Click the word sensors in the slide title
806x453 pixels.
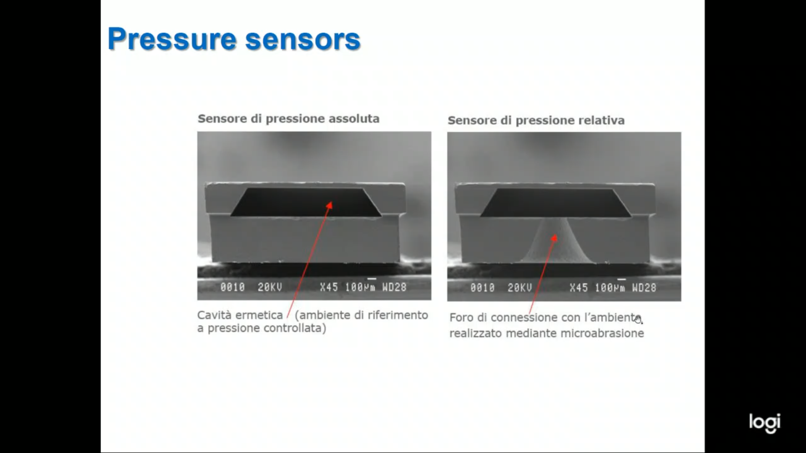pos(303,39)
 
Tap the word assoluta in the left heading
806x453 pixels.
pos(354,119)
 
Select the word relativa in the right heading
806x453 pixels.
pos(602,120)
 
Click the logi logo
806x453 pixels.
pos(765,423)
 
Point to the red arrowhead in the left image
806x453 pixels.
pos(330,205)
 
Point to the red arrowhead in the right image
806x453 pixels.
pos(554,238)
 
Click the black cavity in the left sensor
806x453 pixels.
pos(306,202)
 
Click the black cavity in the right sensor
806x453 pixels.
pos(555,203)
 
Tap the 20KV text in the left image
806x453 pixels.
pos(270,287)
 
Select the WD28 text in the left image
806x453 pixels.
pos(394,287)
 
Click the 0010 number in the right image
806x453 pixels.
pos(482,288)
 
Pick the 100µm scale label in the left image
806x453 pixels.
pos(360,287)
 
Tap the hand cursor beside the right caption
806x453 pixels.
pos(639,320)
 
